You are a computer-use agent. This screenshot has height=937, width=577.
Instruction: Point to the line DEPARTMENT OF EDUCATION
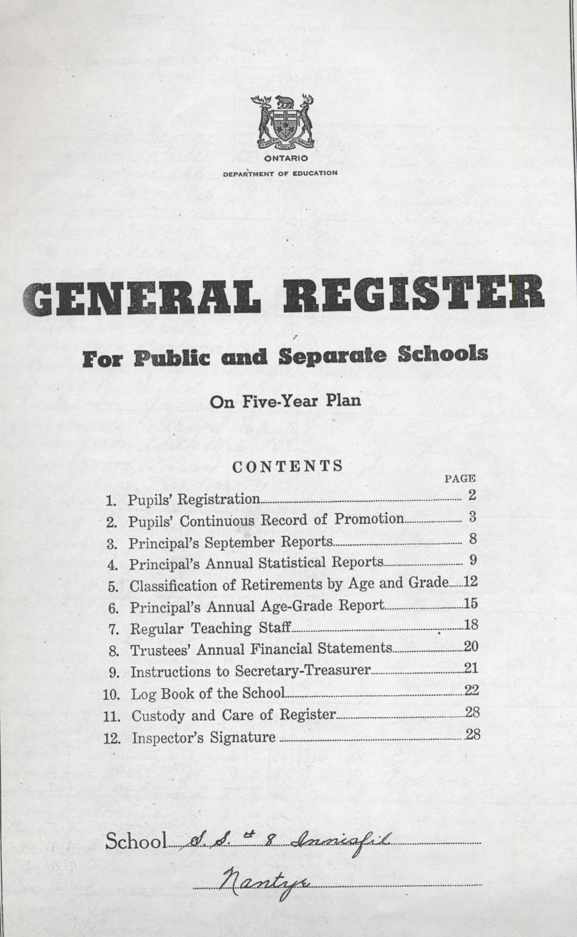tap(281, 173)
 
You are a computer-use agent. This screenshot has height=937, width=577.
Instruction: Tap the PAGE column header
tap(460, 479)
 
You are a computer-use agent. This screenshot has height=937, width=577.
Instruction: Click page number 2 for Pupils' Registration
tap(472, 495)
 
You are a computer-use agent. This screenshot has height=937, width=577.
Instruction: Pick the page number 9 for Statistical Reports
tap(473, 560)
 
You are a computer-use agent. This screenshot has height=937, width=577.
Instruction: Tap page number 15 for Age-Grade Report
tap(471, 604)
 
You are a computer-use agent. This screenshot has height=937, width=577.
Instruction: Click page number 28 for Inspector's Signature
tap(473, 734)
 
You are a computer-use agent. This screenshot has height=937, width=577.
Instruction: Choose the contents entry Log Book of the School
tap(208, 693)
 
